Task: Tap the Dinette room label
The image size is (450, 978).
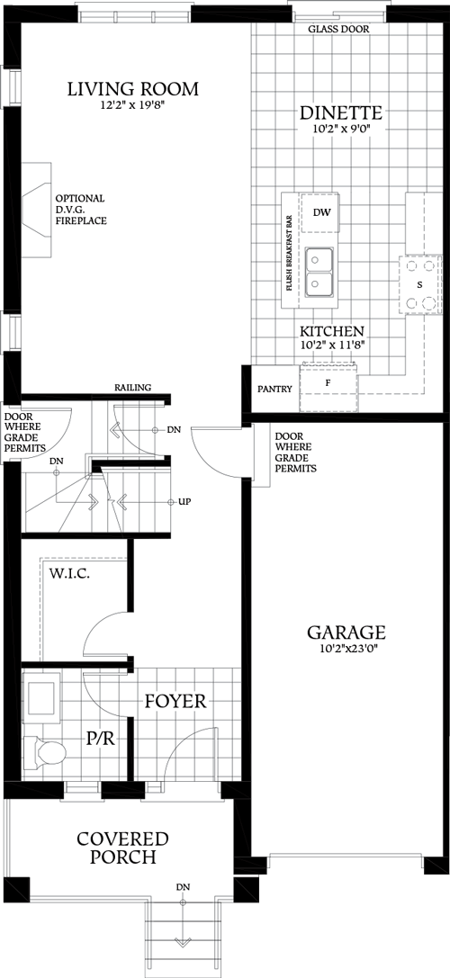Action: click(x=341, y=112)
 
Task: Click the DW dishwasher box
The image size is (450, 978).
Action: click(x=321, y=212)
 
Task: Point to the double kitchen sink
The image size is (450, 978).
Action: click(x=319, y=273)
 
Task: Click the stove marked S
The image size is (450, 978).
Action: click(x=418, y=284)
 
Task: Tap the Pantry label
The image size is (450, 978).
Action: click(x=274, y=390)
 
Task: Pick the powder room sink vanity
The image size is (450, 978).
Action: click(x=41, y=696)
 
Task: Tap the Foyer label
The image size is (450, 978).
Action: click(x=175, y=700)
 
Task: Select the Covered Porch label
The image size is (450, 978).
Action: click(x=122, y=848)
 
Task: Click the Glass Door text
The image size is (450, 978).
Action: click(x=338, y=30)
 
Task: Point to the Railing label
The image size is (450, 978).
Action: click(x=132, y=388)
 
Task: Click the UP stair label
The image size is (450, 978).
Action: click(x=185, y=501)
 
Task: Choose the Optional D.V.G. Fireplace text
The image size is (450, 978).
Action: click(x=80, y=209)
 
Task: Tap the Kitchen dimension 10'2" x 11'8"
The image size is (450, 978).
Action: click(x=332, y=345)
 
